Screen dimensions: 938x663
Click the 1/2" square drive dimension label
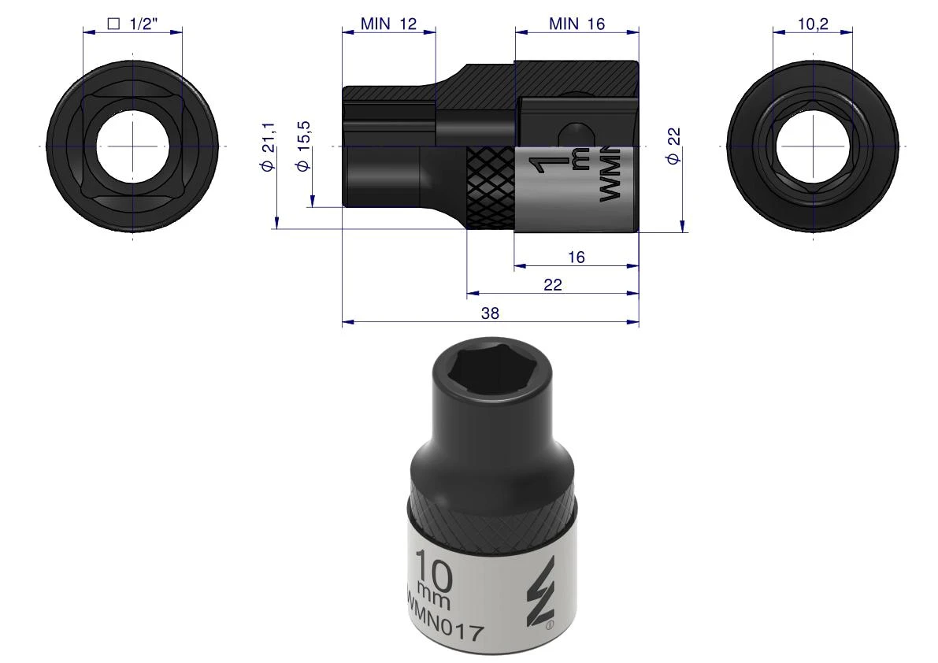pos(132,24)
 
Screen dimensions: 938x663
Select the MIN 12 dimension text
pos(388,24)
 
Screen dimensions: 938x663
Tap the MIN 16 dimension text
pos(577,24)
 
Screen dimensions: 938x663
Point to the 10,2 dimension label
pos(813,24)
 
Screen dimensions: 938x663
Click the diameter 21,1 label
pos(268,146)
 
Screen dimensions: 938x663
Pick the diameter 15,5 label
pos(304,146)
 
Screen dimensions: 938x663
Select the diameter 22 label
pos(673,146)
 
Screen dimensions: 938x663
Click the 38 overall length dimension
pos(490,313)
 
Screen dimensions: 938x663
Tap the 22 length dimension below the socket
pos(553,284)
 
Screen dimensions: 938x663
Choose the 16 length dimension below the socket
pos(576,257)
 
